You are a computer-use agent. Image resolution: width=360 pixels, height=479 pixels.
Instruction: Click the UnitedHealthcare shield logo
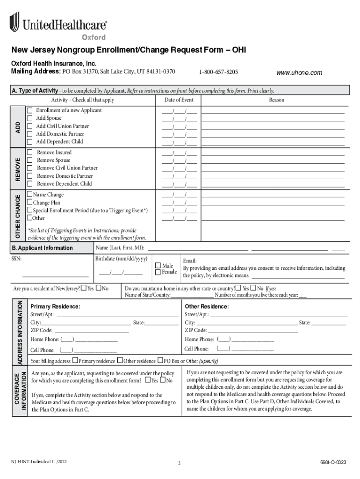point(14,22)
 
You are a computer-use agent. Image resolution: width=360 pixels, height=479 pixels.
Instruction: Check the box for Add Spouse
point(29,118)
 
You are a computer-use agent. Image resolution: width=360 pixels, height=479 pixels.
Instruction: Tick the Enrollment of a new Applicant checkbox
point(29,110)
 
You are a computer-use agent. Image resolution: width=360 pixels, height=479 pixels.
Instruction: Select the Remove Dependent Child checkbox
point(30,184)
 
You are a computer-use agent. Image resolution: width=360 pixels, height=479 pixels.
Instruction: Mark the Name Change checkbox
point(29,195)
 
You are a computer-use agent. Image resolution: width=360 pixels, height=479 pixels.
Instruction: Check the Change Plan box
point(29,203)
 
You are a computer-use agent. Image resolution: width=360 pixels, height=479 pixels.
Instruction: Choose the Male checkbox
point(158,265)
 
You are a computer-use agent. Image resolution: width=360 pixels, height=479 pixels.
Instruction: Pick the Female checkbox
point(158,272)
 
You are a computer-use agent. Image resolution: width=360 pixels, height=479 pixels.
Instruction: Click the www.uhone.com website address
point(299,73)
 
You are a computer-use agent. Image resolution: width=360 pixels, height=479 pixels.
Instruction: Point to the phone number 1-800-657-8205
point(218,72)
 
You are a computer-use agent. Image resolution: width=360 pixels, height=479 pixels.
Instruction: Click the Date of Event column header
point(179,100)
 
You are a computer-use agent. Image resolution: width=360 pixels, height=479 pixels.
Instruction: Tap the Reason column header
point(276,100)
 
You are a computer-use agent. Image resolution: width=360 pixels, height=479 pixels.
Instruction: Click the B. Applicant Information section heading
point(42,248)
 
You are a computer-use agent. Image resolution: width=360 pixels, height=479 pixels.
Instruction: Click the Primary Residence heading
point(55,306)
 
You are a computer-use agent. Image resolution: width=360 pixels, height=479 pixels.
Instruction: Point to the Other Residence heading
point(207,306)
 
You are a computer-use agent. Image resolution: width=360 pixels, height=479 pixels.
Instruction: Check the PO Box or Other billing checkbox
point(160,361)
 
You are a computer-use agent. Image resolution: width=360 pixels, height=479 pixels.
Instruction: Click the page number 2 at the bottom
point(179,464)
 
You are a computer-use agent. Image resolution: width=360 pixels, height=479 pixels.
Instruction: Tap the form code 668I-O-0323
point(333,463)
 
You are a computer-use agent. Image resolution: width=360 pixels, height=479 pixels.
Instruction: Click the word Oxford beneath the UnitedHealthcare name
point(94,37)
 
